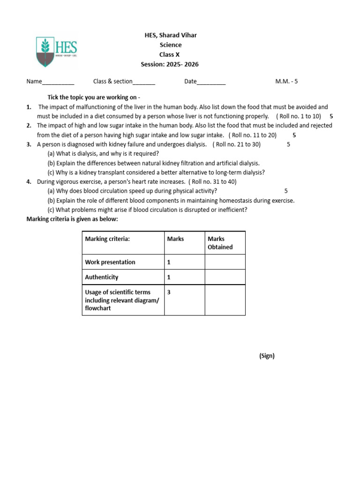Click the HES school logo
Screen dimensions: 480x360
pos(57,52)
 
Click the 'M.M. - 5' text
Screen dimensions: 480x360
pos(286,81)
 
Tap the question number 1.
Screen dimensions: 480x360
pos(29,107)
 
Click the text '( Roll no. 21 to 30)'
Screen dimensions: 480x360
pos(236,144)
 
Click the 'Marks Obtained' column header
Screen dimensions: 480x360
pos(220,243)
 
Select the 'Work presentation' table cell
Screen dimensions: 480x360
pos(110,262)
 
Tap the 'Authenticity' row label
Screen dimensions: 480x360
pos(102,277)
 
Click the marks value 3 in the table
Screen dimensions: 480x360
pos(169,292)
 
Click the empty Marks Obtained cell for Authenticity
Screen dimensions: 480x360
pos(225,277)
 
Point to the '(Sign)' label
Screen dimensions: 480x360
pos(267,356)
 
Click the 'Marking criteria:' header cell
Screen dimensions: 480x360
pos(107,239)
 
